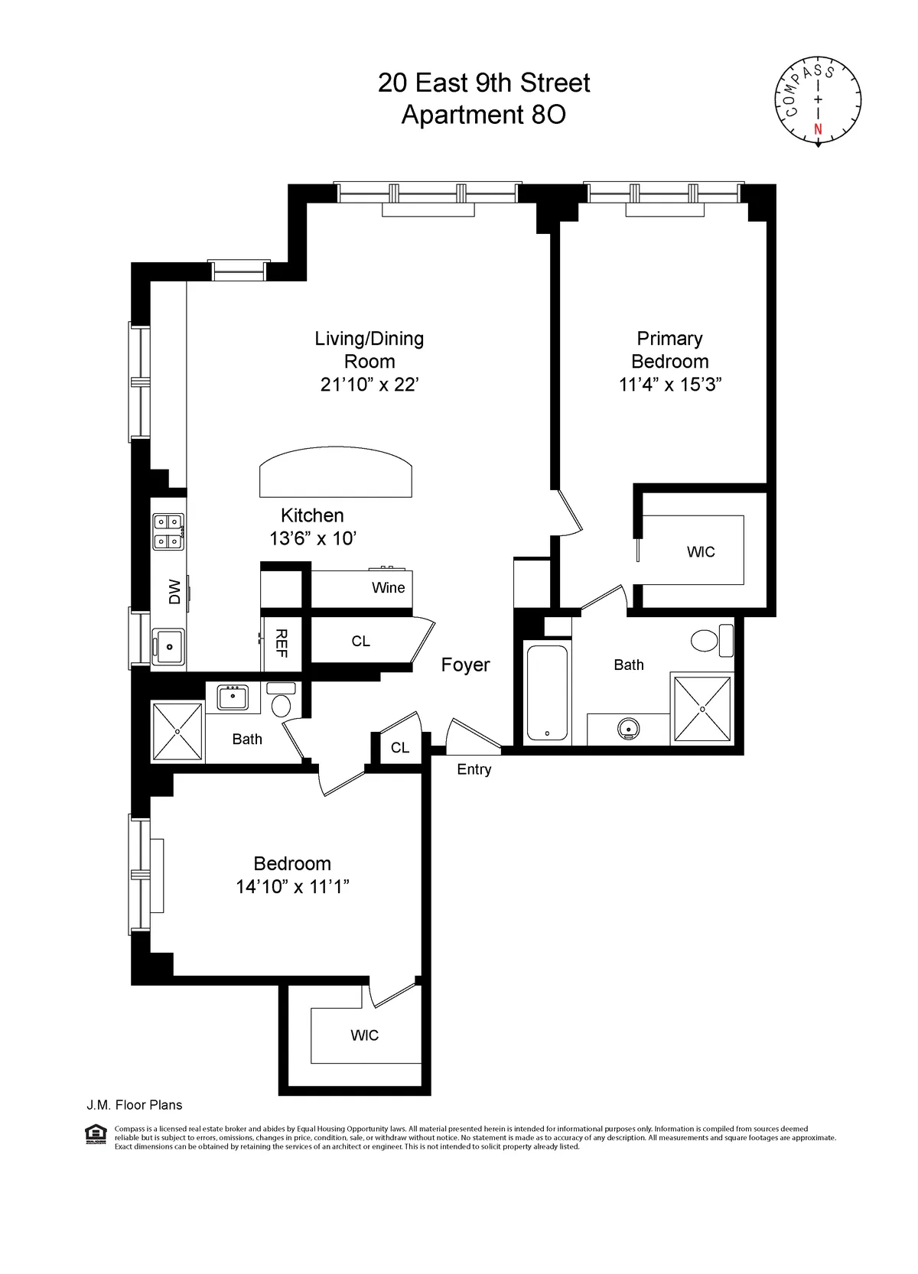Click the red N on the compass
pyautogui.click(x=818, y=128)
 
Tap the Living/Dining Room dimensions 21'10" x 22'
pyautogui.click(x=369, y=385)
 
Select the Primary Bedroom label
pyautogui.click(x=670, y=349)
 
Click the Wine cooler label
pyautogui.click(x=388, y=588)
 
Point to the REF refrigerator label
pyautogui.click(x=281, y=643)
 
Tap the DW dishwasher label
pyautogui.click(x=174, y=591)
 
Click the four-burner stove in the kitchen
pyautogui.click(x=168, y=532)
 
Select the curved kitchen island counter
pyautogui.click(x=336, y=473)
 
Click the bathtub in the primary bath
pyautogui.click(x=547, y=693)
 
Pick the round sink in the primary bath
pyautogui.click(x=628, y=730)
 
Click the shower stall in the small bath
pyautogui.click(x=177, y=731)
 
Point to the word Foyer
pyautogui.click(x=465, y=665)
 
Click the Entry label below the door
pyautogui.click(x=474, y=770)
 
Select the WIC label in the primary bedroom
pyautogui.click(x=701, y=552)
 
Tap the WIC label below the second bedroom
pyautogui.click(x=364, y=1035)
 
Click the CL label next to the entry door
pyautogui.click(x=400, y=748)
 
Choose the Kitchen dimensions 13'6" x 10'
pyautogui.click(x=312, y=539)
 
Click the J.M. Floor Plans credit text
pyautogui.click(x=135, y=1105)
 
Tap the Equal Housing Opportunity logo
pyautogui.click(x=96, y=1134)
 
